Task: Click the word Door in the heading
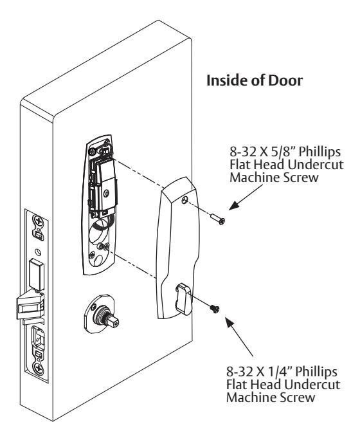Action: coord(285,80)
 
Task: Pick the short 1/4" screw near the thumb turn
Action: coord(215,309)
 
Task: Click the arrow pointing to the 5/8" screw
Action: coord(246,197)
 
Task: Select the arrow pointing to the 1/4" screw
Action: coord(239,336)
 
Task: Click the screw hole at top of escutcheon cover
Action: coord(184,200)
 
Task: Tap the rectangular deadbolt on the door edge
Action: coord(37,275)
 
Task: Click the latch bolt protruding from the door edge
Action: coord(30,306)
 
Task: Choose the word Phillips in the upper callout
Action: coord(319,152)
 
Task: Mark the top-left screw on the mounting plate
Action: coord(92,152)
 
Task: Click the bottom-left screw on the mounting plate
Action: coord(92,255)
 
